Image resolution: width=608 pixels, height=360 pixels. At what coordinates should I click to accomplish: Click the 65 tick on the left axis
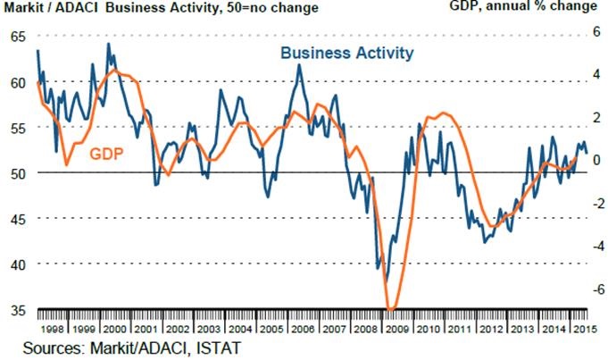(x=19, y=37)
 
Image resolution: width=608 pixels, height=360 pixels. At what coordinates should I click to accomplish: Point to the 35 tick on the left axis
(x=19, y=310)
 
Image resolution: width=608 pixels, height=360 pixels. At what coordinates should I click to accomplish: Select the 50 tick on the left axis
(x=19, y=173)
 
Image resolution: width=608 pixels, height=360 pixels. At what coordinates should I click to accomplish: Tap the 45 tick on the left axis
(x=19, y=219)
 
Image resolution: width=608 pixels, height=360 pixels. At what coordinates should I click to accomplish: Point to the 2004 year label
(x=236, y=325)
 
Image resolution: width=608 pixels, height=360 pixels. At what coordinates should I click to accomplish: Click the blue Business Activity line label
(x=347, y=54)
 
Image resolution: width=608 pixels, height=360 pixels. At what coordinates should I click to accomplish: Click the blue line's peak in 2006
(x=299, y=64)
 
